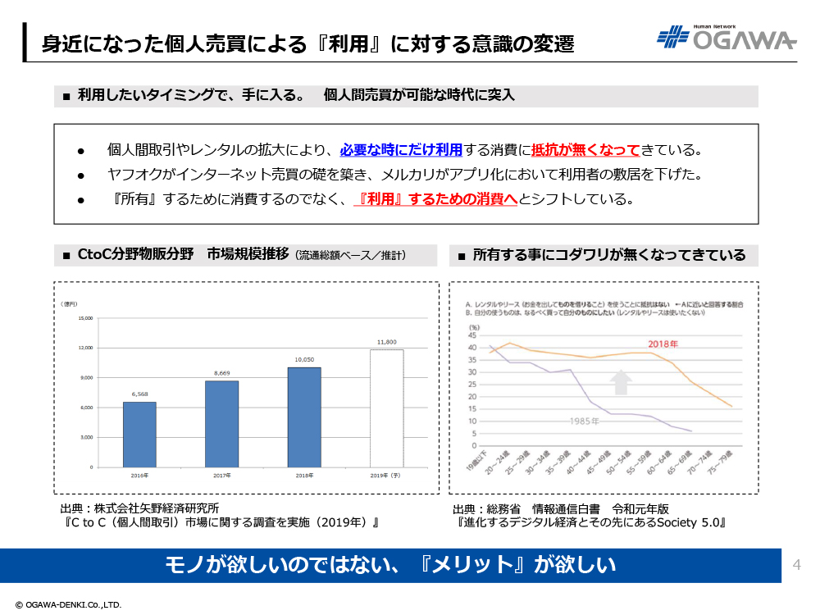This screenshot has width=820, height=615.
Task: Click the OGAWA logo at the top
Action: [x=727, y=39]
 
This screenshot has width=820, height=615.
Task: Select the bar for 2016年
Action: [x=139, y=434]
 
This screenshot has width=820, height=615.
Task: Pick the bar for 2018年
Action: [x=304, y=417]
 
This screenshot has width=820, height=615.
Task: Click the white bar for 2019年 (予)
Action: [x=386, y=408]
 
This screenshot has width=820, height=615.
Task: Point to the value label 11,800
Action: [x=386, y=342]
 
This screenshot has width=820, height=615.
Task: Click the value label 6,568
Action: [x=139, y=394]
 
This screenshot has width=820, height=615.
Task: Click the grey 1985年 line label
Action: [x=585, y=420]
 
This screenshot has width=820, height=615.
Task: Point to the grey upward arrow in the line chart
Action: [x=622, y=382]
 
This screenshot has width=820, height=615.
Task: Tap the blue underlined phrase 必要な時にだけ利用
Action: [x=401, y=150]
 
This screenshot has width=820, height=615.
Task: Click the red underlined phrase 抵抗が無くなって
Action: [x=585, y=150]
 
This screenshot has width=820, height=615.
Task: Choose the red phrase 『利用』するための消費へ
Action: [x=435, y=199]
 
